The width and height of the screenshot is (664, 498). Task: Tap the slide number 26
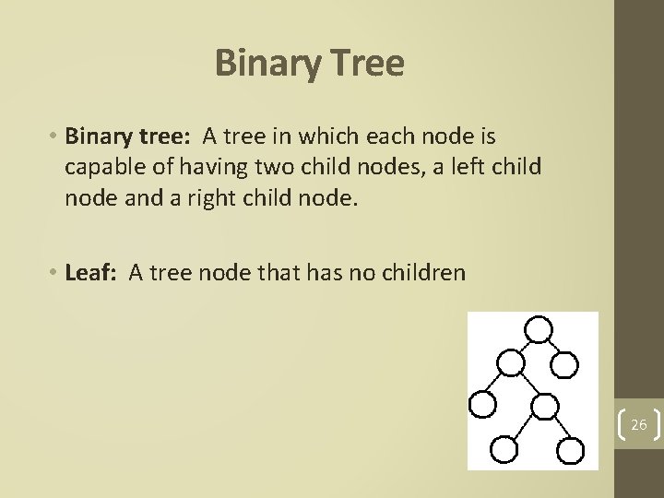[638, 425]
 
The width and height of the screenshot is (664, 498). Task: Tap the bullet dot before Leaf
[54, 273]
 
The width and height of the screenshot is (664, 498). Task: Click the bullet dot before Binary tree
[54, 137]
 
